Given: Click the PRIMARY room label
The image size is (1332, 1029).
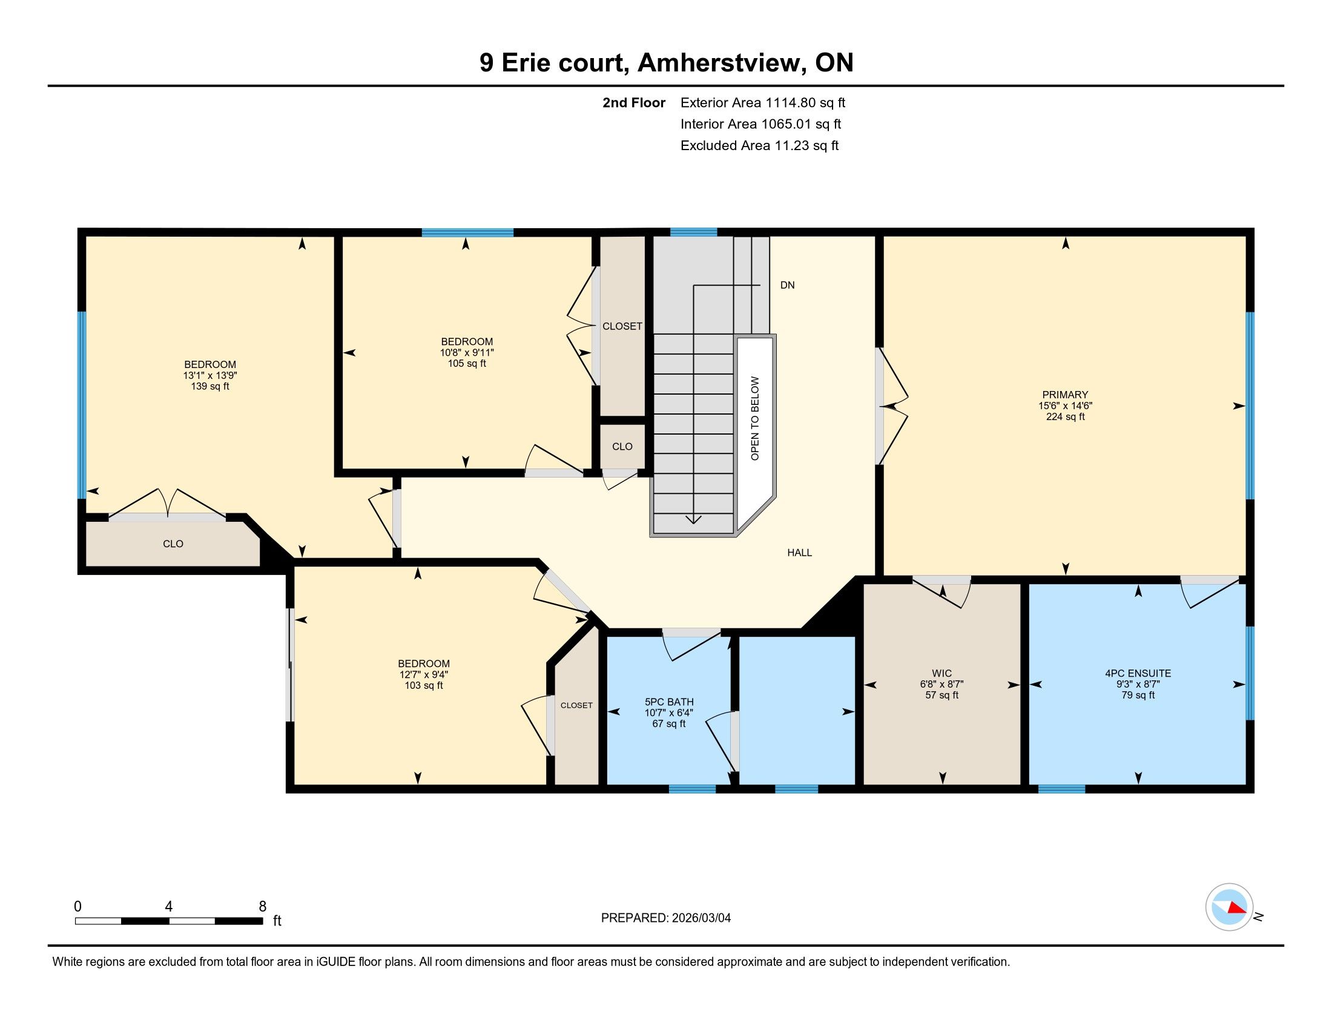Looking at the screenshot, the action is coord(1065,395).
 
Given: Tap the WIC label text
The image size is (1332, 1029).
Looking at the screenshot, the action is coord(942,674).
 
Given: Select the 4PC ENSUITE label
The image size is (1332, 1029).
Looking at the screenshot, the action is coord(1138,674).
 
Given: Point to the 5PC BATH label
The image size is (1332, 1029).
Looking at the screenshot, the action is coord(669,702).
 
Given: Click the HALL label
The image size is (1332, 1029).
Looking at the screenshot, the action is coord(800,553).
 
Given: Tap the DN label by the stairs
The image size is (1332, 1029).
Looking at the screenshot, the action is coord(787,285).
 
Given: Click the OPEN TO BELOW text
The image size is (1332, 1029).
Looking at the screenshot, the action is coord(755,418).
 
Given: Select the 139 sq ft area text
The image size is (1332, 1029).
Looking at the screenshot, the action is coord(211,387).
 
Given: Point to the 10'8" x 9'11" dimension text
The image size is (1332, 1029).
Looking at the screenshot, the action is coord(467,352).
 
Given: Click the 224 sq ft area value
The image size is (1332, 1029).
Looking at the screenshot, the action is coord(1066,417).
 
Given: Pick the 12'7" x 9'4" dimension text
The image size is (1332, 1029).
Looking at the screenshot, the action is coord(424,675).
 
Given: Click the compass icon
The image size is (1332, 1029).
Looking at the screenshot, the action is coord(1229,907).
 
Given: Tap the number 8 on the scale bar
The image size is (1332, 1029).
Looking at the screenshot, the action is coord(263,907).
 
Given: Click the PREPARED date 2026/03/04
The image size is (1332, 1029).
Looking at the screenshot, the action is coord(700,918).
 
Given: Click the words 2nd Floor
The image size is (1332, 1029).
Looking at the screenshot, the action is coord(634,103).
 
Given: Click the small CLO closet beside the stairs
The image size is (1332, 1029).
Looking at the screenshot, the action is coord(622,447).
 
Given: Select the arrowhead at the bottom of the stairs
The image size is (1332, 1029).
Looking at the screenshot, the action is coord(693,519).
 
